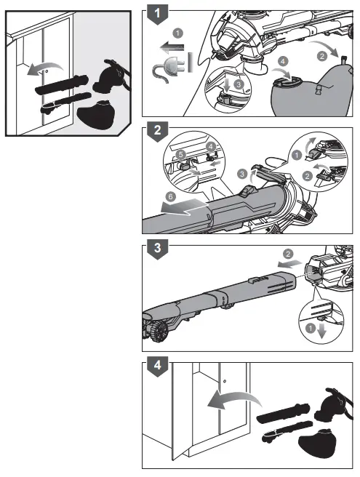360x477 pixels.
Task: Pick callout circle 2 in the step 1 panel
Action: click(321, 55)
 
